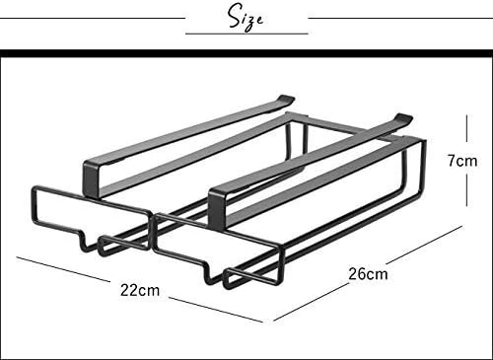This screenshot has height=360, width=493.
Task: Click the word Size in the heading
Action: coord(246,17)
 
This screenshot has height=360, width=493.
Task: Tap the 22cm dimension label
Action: coord(140,290)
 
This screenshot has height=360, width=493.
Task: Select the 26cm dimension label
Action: coord(368,274)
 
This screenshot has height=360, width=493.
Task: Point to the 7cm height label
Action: coord(462,161)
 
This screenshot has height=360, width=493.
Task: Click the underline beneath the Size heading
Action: coord(246,34)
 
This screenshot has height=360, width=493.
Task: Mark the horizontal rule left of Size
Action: coord(93,18)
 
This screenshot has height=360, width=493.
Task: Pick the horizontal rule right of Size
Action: coord(400,18)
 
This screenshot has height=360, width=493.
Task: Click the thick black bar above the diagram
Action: coord(246,53)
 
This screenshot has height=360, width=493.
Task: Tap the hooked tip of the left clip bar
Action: coord(285,99)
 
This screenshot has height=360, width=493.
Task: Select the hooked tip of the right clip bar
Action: coord(403,117)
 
